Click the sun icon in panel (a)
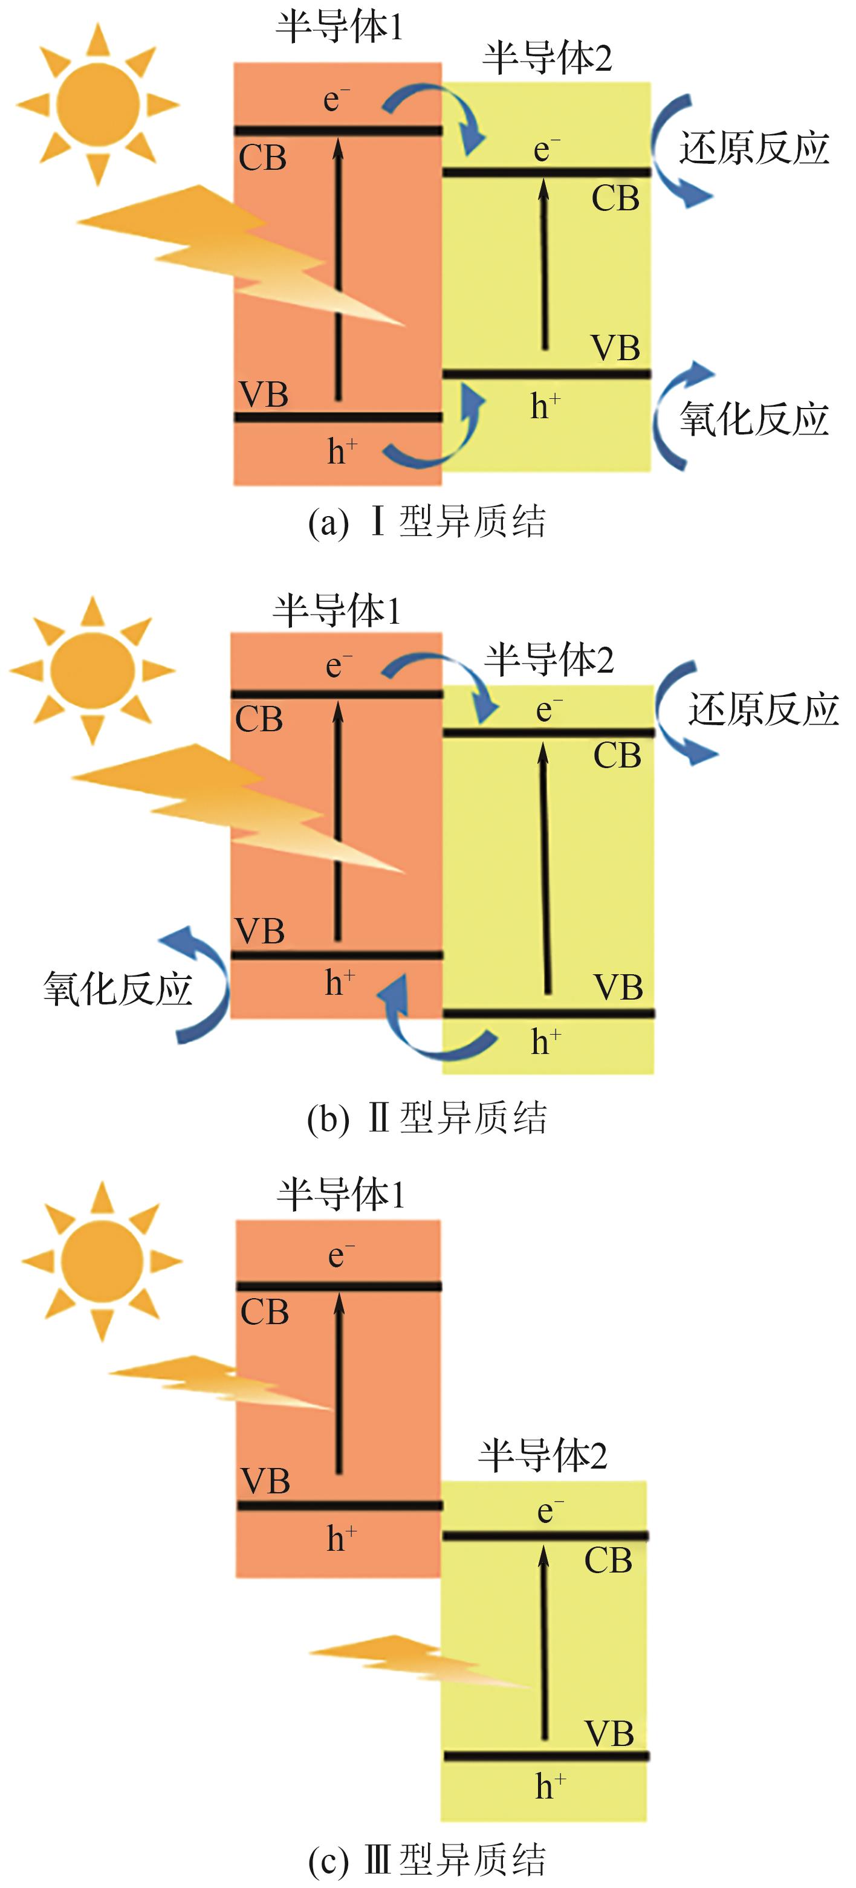point(97,103)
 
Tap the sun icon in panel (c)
point(102,1261)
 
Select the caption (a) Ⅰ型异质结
point(427,522)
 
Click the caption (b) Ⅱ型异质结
point(427,1119)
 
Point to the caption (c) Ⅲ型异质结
point(427,1860)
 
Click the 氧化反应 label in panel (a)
point(753,419)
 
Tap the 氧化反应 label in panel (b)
point(117,989)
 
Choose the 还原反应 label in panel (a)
point(753,149)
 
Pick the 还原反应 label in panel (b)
point(762,710)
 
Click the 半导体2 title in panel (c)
point(542,1455)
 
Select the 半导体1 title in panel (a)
point(339,27)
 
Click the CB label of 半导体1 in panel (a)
point(262,158)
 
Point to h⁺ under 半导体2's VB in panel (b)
point(546,1041)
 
